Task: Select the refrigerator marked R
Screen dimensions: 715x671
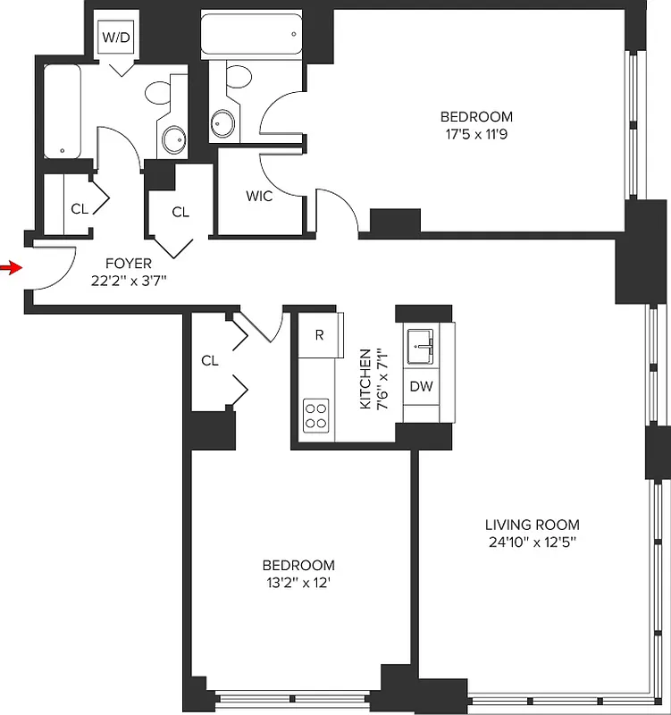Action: pos(319,335)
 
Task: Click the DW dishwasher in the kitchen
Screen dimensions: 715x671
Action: pos(421,386)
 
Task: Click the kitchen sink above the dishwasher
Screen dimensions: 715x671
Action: pos(421,346)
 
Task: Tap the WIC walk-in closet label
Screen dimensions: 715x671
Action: pos(259,196)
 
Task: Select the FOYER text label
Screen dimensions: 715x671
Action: pos(129,264)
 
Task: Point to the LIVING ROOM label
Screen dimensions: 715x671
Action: pos(532,525)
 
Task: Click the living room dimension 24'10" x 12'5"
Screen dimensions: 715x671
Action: pos(532,543)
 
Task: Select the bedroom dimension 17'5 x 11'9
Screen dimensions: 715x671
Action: pos(476,135)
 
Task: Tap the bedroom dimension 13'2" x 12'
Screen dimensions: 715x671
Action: pos(298,584)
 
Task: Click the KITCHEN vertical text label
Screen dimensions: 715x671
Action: pos(365,380)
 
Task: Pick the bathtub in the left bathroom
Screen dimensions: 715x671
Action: pos(62,111)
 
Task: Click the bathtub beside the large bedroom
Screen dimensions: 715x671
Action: pos(249,34)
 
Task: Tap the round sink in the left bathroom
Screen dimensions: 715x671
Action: pos(173,139)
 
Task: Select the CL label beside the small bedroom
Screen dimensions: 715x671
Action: pos(210,361)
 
